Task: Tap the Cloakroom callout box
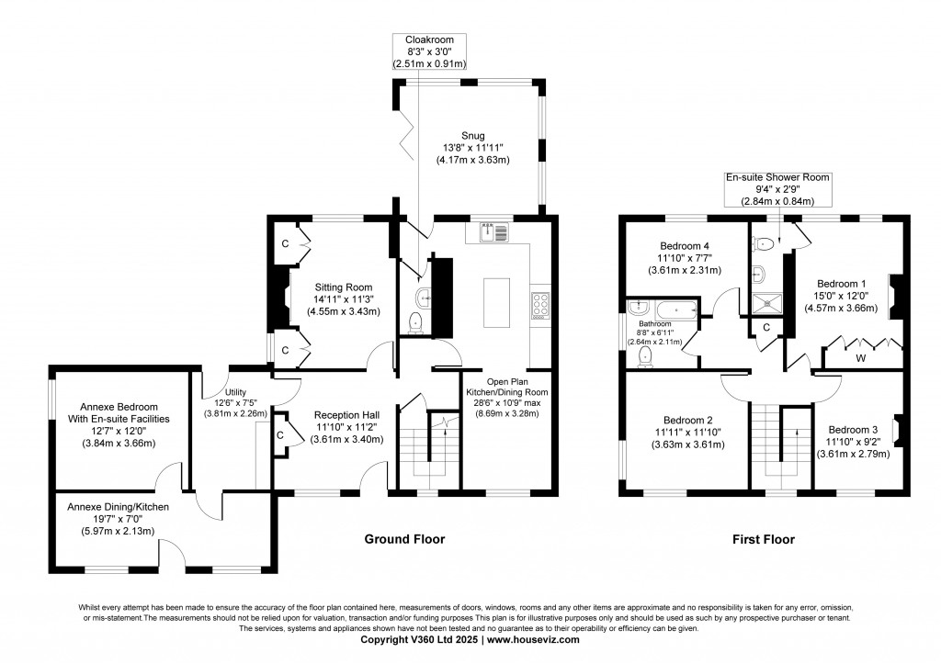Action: (429, 52)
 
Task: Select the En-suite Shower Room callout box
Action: (777, 190)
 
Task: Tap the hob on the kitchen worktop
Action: (539, 305)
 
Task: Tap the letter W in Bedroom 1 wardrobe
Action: (860, 357)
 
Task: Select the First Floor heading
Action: (763, 539)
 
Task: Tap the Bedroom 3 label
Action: (854, 430)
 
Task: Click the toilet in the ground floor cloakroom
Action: (415, 321)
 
